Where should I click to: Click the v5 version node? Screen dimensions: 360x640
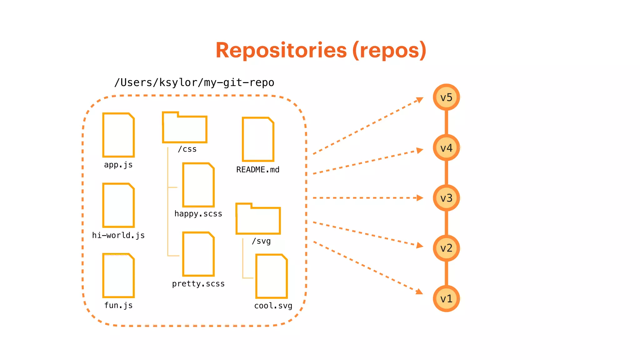click(446, 97)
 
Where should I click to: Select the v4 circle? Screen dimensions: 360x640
click(446, 147)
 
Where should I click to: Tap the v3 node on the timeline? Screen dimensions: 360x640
click(446, 198)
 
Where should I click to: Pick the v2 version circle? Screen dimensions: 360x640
click(446, 248)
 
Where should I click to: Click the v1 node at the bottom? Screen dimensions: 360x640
click(446, 298)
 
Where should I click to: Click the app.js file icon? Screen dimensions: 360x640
click(118, 135)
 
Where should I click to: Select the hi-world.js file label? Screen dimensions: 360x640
click(118, 235)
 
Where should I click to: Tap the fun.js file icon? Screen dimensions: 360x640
click(118, 275)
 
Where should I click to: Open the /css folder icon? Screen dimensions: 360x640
click(184, 127)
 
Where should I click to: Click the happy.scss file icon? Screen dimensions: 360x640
click(198, 185)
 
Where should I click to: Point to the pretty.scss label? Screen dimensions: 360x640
click(198, 284)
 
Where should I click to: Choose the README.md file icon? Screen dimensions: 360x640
click(258, 139)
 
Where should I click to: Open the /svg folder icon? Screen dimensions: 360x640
click(258, 219)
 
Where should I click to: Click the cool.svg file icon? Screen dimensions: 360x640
click(272, 276)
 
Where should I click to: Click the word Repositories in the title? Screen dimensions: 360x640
click(281, 50)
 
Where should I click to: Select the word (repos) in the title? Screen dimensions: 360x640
click(389, 50)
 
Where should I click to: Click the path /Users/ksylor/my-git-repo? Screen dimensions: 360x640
click(194, 82)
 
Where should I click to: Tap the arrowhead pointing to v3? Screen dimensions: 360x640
click(420, 198)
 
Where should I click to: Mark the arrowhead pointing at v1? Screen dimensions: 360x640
click(419, 292)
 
